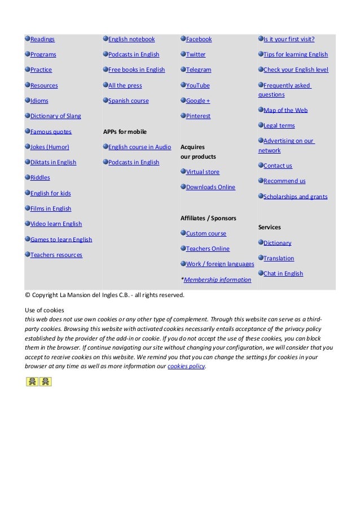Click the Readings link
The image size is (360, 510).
pos(42,40)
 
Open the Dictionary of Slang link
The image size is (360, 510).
pos(55,116)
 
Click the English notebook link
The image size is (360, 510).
pos(131,40)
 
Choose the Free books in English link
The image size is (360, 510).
pos(137,70)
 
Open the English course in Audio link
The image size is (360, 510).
pos(139,147)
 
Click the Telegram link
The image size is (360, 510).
pos(199,70)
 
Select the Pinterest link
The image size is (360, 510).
pos(198,116)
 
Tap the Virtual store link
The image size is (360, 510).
pos(203,172)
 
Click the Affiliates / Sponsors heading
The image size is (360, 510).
pos(208,218)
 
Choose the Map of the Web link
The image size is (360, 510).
pos(286,111)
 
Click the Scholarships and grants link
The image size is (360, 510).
pos(295,197)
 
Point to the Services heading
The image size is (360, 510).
pos(269,227)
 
